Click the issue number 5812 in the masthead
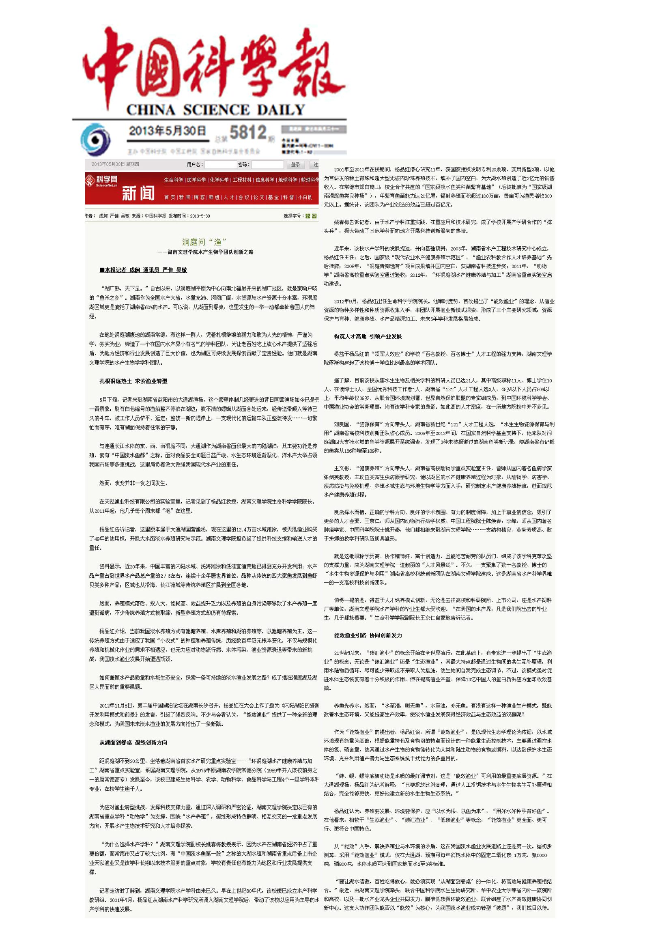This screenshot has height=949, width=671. [247, 133]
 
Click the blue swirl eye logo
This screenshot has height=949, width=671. [95, 140]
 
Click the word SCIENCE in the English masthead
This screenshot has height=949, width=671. [216, 110]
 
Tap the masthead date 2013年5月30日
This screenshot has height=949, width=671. [167, 131]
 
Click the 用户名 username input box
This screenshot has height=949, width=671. [221, 164]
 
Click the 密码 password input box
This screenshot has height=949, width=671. [267, 164]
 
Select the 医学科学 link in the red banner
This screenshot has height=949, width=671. [196, 180]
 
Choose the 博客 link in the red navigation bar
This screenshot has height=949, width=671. [200, 197]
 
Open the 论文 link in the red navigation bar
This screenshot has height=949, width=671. [259, 197]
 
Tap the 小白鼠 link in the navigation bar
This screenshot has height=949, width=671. [305, 197]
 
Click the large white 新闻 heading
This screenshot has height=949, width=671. [138, 193]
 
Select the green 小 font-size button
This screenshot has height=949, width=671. [308, 216]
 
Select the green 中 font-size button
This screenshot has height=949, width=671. [314, 216]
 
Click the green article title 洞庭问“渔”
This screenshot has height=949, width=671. [204, 242]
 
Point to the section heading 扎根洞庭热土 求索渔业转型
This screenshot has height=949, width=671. [133, 381]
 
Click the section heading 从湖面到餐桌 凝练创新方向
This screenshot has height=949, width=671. [133, 742]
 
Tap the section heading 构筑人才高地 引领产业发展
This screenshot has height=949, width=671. [368, 336]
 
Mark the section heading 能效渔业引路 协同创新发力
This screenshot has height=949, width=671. [368, 635]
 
